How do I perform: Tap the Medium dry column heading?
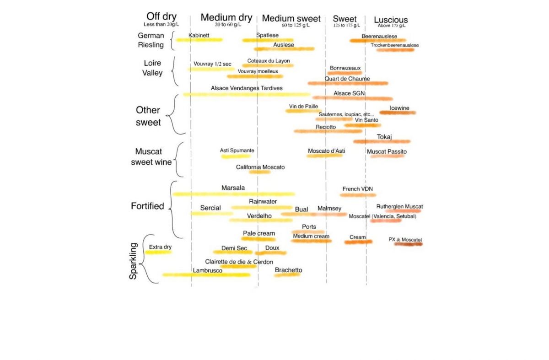pyautogui.click(x=226, y=18)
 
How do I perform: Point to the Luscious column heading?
pyautogui.click(x=391, y=20)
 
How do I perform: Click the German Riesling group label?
pyautogui.click(x=151, y=40)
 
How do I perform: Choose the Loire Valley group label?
pyautogui.click(x=153, y=68)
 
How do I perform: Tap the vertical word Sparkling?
pyautogui.click(x=134, y=261)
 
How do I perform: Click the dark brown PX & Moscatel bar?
pyautogui.click(x=408, y=244)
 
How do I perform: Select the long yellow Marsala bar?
pyautogui.click(x=233, y=194)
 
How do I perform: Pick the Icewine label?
pyautogui.click(x=399, y=108)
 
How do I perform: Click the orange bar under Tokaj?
pyautogui.click(x=382, y=142)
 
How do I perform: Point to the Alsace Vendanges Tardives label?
pyautogui.click(x=247, y=88)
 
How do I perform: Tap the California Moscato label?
pyautogui.click(x=260, y=167)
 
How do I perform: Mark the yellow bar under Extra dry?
pyautogui.click(x=158, y=252)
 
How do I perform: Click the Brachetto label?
pyautogui.click(x=288, y=270)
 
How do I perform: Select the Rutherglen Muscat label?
pyautogui.click(x=399, y=207)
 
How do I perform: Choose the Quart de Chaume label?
pyautogui.click(x=347, y=79)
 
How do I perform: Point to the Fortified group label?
pyautogui.click(x=147, y=206)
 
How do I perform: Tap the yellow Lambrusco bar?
pyautogui.click(x=206, y=275)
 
